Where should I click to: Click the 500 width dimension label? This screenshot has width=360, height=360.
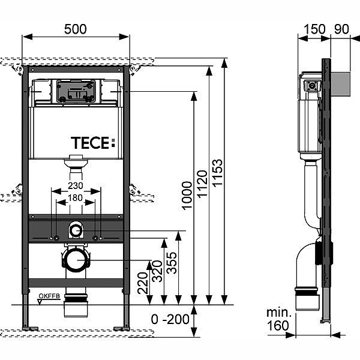coord(76,28)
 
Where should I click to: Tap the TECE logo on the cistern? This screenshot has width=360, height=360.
coord(92,143)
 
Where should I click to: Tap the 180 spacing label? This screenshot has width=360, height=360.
coord(76,198)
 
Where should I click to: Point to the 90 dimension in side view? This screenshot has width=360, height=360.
coord(341,28)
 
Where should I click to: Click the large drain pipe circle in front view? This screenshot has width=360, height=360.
coord(76,260)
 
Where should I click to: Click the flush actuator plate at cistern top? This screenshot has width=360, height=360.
coord(76,92)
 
